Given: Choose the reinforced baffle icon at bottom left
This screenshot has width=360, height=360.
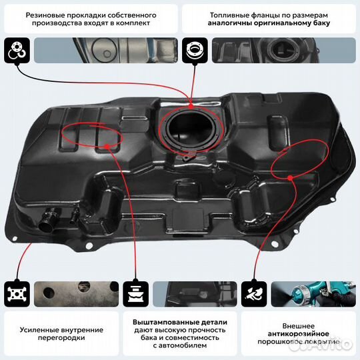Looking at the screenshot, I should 15,293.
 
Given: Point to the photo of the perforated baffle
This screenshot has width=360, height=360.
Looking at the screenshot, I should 73,293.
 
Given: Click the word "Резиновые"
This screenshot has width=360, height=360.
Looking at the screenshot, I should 48,14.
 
